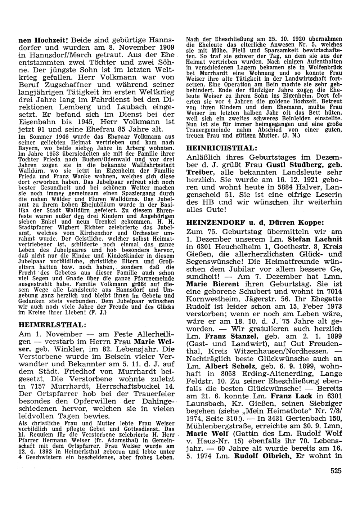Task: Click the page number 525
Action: [335, 469]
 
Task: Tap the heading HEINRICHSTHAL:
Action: [222, 148]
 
